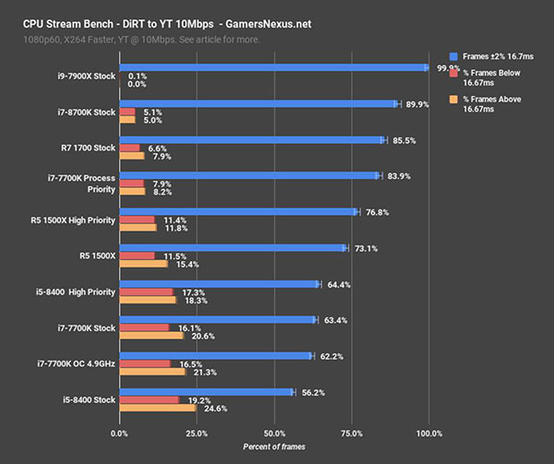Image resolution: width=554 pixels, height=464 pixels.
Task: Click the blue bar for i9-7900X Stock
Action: coord(272,67)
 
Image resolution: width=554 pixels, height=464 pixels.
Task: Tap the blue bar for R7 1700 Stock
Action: coord(250,139)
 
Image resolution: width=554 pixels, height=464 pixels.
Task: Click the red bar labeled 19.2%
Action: coord(149,399)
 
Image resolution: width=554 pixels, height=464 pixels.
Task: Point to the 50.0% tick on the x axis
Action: coord(273,432)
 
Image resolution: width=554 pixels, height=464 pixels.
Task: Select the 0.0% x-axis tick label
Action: coord(119,432)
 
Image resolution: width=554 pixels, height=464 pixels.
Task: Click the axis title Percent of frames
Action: coord(273,447)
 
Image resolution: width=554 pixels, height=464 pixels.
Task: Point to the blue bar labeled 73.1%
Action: coord(232,247)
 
